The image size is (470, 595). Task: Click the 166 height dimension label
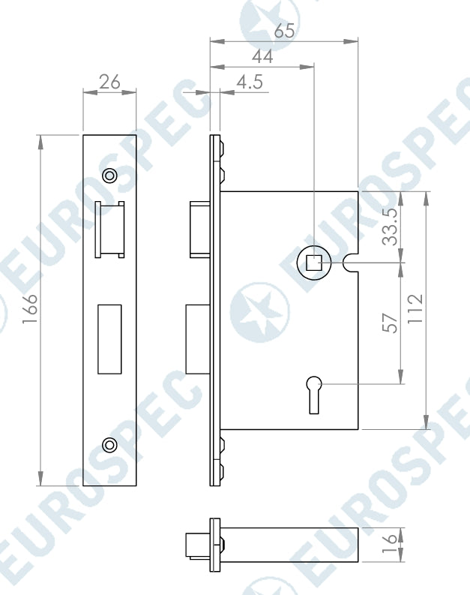pyautogui.click(x=29, y=309)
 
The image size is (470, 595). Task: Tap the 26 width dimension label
pyautogui.click(x=109, y=82)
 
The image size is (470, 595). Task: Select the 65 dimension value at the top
pyautogui.click(x=284, y=31)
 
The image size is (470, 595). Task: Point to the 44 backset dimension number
pyautogui.click(x=262, y=56)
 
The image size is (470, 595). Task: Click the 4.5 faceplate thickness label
pyautogui.click(x=250, y=82)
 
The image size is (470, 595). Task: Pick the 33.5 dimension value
pyautogui.click(x=390, y=227)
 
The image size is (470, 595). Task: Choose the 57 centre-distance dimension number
pyautogui.click(x=390, y=323)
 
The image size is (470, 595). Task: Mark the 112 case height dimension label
pyautogui.click(x=415, y=308)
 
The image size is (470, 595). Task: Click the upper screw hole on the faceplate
pyautogui.click(x=109, y=176)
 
